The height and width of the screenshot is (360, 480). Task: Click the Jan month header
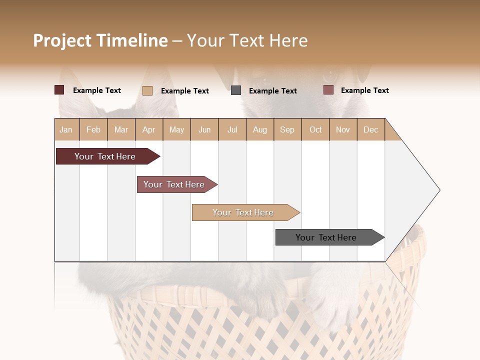click(x=66, y=129)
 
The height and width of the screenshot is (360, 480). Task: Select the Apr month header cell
click(x=149, y=129)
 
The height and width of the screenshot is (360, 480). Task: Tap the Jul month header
click(x=232, y=129)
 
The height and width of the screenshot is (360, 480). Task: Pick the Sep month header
click(x=287, y=129)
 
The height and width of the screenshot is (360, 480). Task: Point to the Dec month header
click(x=370, y=129)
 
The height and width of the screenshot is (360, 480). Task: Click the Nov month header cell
click(x=343, y=129)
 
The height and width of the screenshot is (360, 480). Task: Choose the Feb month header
click(x=93, y=129)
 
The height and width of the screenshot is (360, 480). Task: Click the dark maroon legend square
click(x=59, y=90)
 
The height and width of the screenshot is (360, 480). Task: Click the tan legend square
click(x=147, y=90)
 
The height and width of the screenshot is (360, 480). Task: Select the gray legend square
click(x=236, y=90)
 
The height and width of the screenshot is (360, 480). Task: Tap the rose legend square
click(x=328, y=90)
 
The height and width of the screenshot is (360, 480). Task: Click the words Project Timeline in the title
click(x=100, y=40)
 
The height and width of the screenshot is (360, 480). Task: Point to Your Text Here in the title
click(x=247, y=40)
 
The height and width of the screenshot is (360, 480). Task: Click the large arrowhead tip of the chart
click(x=430, y=190)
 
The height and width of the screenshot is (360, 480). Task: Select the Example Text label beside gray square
click(x=272, y=91)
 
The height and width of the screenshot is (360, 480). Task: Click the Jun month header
click(x=204, y=129)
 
